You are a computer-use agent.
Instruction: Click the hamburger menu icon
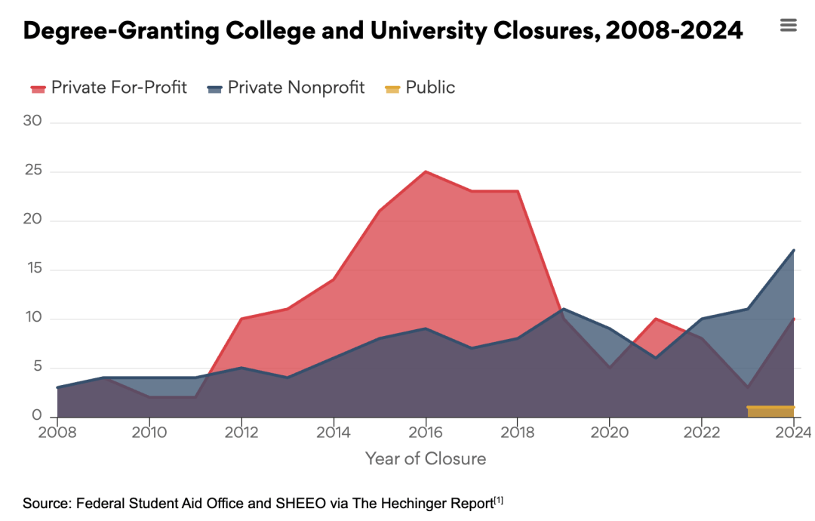click(788, 26)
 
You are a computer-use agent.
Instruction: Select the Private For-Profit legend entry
click(109, 88)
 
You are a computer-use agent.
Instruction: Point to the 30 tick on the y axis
click(34, 122)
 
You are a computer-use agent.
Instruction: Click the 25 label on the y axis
click(34, 171)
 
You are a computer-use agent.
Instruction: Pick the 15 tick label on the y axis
click(34, 270)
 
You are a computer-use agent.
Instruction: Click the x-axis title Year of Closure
click(426, 458)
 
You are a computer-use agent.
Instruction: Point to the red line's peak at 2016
click(426, 171)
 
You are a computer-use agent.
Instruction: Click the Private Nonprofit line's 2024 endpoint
click(793, 250)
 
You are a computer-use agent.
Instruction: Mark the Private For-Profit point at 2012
click(241, 319)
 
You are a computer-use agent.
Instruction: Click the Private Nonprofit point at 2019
click(564, 309)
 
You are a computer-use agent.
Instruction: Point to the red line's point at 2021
click(656, 319)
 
